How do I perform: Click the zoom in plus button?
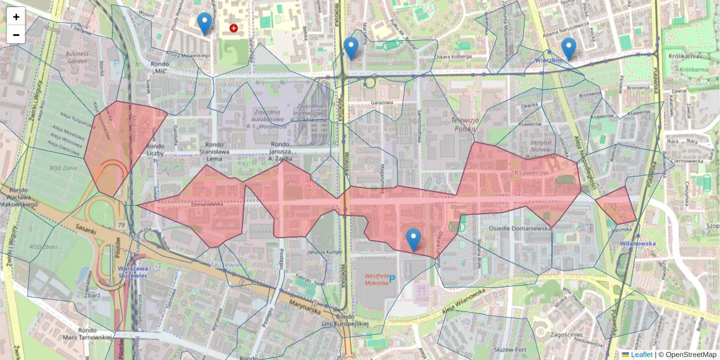coord(16,17)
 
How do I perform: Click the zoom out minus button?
coord(16,35)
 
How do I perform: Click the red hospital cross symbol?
coord(233,28)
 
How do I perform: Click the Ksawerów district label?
coord(532,172)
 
